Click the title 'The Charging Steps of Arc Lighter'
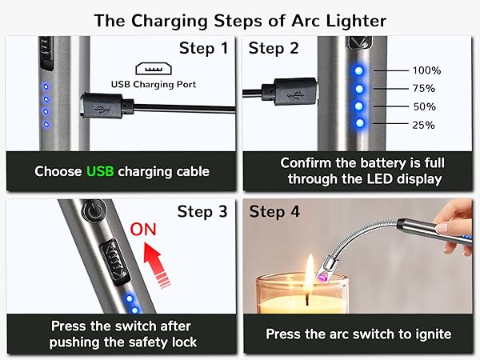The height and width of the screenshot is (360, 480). (240, 20)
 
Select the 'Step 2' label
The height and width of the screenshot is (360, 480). (274, 49)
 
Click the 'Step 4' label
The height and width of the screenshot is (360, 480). (274, 212)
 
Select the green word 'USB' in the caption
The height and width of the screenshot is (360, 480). (101, 171)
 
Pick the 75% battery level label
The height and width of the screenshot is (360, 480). (423, 89)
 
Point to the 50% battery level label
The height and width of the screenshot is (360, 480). (423, 107)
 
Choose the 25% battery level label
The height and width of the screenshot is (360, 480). (423, 126)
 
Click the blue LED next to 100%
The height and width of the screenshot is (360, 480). (359, 70)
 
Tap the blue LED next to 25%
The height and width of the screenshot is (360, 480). (359, 124)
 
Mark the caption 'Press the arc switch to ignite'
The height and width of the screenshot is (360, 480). (358, 334)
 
